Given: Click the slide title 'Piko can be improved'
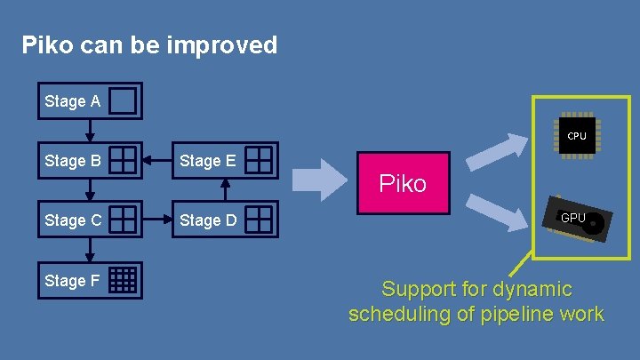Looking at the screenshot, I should click(x=149, y=45).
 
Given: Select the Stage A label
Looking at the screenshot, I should click(x=72, y=101).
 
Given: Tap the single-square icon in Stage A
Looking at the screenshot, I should click(x=124, y=101).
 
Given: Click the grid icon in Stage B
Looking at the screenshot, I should click(x=124, y=160).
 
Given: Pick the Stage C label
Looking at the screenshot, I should click(x=72, y=220).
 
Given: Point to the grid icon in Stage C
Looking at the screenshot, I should click(x=124, y=219).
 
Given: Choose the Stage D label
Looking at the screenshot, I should click(x=208, y=220).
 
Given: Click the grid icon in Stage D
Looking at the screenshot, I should click(x=259, y=219).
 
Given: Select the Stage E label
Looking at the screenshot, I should click(x=208, y=161).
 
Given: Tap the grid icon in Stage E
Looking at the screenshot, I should click(x=259, y=160).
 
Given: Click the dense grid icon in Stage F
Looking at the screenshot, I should click(x=124, y=280).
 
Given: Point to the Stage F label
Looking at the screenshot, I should click(x=72, y=281).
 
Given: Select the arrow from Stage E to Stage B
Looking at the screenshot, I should click(x=160, y=160).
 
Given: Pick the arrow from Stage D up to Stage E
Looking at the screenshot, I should click(x=226, y=189).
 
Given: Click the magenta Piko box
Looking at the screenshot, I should click(x=403, y=184).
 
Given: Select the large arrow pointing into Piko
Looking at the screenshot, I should click(x=319, y=180).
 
